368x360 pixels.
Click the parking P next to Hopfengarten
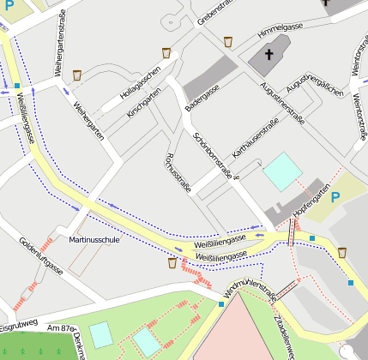(335, 197)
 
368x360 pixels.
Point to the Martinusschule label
(94, 241)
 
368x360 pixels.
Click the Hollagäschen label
(141, 79)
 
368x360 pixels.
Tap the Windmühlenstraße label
(247, 291)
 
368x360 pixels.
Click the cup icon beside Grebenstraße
(228, 41)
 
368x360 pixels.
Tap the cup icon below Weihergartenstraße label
(77, 75)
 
